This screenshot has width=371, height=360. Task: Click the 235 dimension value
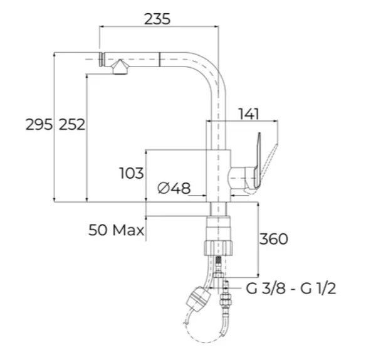point(157,19)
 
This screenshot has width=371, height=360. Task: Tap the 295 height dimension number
point(39,125)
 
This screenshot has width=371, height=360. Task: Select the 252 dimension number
point(72,125)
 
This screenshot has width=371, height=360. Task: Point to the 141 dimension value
point(249,114)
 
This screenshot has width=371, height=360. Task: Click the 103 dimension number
point(132,173)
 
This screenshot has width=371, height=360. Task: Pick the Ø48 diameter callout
point(174,188)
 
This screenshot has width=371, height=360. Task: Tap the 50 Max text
point(116,230)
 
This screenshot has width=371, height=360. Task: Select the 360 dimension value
point(274,239)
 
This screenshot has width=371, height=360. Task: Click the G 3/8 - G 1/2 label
point(291,289)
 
